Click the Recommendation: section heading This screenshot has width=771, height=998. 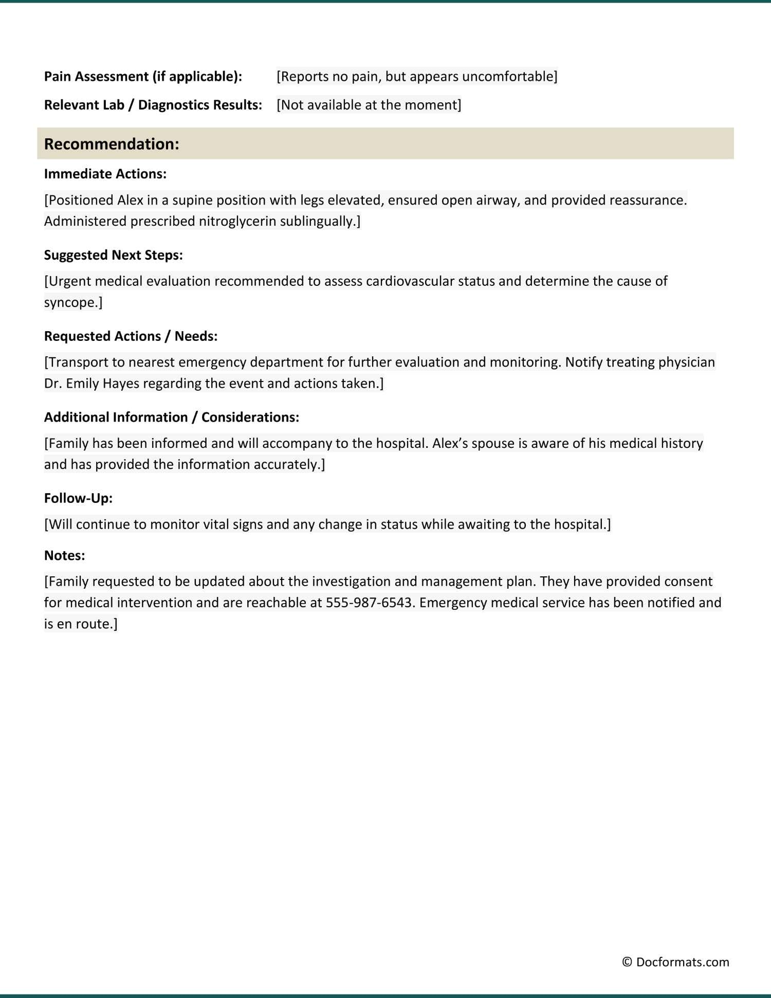(112, 144)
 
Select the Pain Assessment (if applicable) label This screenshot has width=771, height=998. (143, 77)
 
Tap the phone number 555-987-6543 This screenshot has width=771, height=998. (369, 603)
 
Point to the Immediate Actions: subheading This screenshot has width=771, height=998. (105, 174)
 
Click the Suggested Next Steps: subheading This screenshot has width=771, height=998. (113, 255)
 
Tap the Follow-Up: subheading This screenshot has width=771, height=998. (78, 498)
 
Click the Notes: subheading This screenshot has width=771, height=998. (64, 555)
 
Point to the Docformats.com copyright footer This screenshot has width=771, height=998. (675, 962)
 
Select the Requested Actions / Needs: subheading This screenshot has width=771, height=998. (131, 336)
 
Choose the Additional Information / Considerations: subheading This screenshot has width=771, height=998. (171, 417)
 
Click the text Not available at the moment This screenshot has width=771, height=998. (369, 105)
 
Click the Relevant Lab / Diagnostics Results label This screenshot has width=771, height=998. (153, 105)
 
